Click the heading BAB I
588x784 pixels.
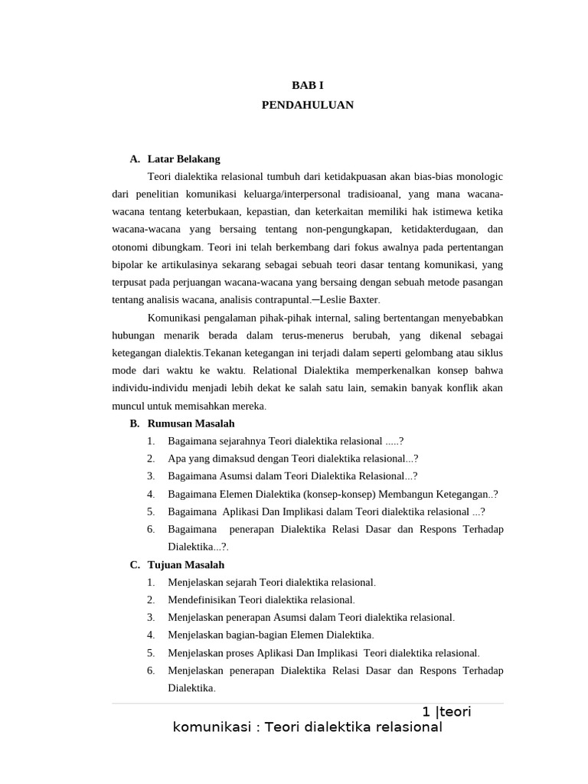point(307,86)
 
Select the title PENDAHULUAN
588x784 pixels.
point(307,105)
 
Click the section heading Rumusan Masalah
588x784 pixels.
point(191,423)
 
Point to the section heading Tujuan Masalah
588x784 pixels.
point(186,565)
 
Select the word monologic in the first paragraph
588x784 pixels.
point(479,177)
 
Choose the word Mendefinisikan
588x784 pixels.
point(202,599)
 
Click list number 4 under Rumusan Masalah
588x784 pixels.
point(152,494)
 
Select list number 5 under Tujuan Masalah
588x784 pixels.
point(152,653)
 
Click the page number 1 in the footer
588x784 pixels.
point(426,712)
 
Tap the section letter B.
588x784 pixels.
point(134,423)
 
